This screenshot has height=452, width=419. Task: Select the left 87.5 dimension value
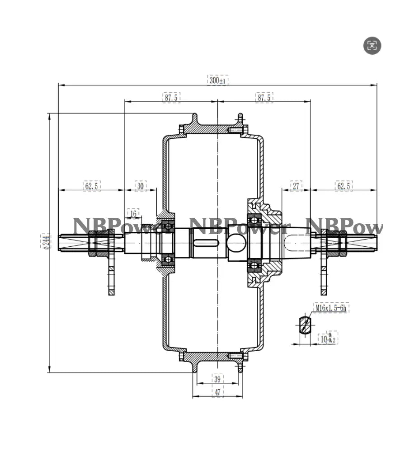pos(171,97)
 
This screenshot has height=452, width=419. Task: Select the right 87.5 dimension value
pos(264,97)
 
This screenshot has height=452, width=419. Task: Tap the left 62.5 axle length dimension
pos(92,186)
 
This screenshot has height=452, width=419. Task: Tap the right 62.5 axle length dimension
pos(344,186)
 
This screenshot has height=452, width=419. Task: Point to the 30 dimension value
pos(141,186)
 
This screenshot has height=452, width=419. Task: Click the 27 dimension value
pos(297,186)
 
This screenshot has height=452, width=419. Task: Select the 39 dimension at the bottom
pos(217,379)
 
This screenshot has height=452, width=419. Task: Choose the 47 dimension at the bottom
pos(217,392)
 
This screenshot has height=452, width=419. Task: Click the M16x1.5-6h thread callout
pos(330,308)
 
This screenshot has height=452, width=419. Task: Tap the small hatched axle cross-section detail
pos(304,325)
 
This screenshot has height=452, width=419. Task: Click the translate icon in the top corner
pos(372,45)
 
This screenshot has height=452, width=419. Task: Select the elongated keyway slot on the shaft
pos(206,244)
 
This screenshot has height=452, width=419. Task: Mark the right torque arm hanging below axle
pos(324,276)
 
